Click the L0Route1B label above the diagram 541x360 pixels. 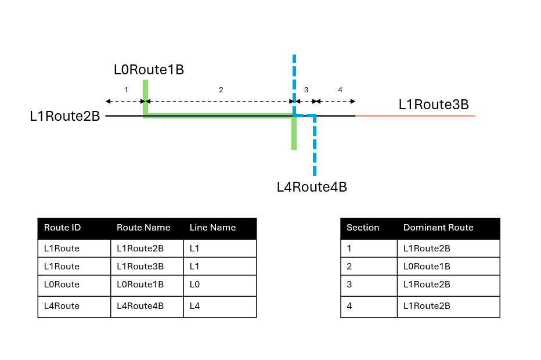click(x=149, y=70)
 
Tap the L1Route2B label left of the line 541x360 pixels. click(x=65, y=116)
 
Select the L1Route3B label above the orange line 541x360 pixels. click(x=434, y=105)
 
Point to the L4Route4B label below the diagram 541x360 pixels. click(x=312, y=187)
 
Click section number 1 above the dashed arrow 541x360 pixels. click(x=127, y=90)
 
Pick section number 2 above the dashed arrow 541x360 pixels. click(x=221, y=90)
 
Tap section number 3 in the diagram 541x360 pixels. click(x=306, y=90)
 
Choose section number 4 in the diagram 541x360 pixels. click(x=340, y=90)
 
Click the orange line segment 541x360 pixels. click(x=415, y=116)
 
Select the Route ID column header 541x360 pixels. click(x=63, y=228)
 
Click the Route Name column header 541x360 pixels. click(x=143, y=228)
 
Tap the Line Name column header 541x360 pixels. click(x=212, y=228)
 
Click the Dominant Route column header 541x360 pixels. click(x=438, y=228)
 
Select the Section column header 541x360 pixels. click(x=363, y=228)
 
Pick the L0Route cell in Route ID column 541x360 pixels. click(x=62, y=285)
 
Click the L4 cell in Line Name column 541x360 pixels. click(x=194, y=306)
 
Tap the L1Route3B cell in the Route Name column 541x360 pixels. click(x=140, y=267)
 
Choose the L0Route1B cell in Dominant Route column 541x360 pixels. click(x=427, y=267)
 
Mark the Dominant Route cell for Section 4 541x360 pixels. click(x=427, y=306)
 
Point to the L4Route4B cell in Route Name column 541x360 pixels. click(x=140, y=306)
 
